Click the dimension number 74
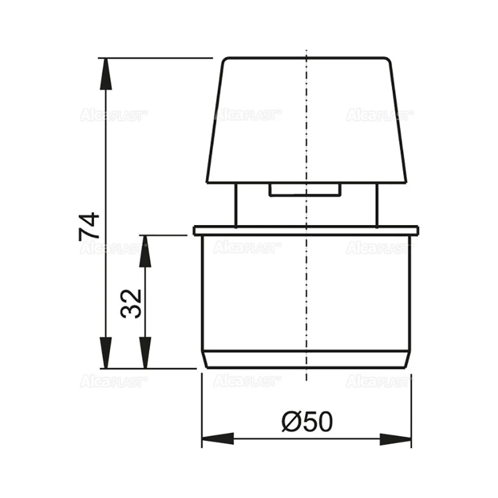pyautogui.click(x=90, y=227)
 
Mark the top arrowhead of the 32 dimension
pyautogui.click(x=145, y=249)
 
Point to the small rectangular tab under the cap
pyautogui.click(x=305, y=190)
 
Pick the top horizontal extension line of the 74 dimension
pyautogui.click(x=159, y=58)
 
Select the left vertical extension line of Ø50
pyautogui.click(x=201, y=408)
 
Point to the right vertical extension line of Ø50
pyautogui.click(x=411, y=408)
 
